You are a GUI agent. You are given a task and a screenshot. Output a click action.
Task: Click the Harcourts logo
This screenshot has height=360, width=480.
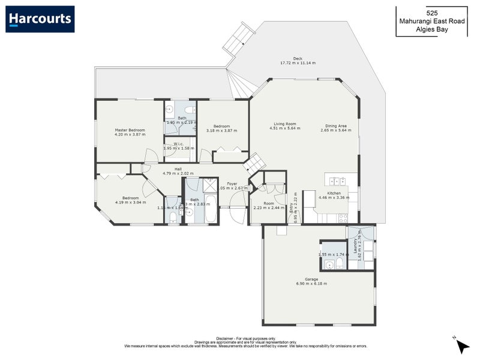[x=40, y=19]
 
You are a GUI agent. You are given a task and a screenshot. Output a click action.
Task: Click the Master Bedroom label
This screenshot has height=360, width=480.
[x=130, y=130]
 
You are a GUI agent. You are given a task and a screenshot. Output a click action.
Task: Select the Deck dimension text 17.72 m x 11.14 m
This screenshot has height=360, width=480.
[x=298, y=63]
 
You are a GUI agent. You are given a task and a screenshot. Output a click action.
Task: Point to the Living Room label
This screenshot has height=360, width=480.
[x=282, y=124]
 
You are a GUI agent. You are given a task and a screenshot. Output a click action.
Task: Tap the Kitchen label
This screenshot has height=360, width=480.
[x=334, y=193]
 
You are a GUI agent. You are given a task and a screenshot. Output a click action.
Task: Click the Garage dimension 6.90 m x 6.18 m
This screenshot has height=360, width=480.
[x=311, y=283]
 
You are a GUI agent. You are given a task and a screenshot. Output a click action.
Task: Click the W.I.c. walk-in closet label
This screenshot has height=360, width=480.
[x=178, y=144]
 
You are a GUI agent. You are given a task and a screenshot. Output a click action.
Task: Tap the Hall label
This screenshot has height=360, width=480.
[x=178, y=169]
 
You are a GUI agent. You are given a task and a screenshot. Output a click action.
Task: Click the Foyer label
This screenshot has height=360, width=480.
[x=232, y=184]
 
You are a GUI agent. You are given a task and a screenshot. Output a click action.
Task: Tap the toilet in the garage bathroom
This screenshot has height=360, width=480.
[x=340, y=263]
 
